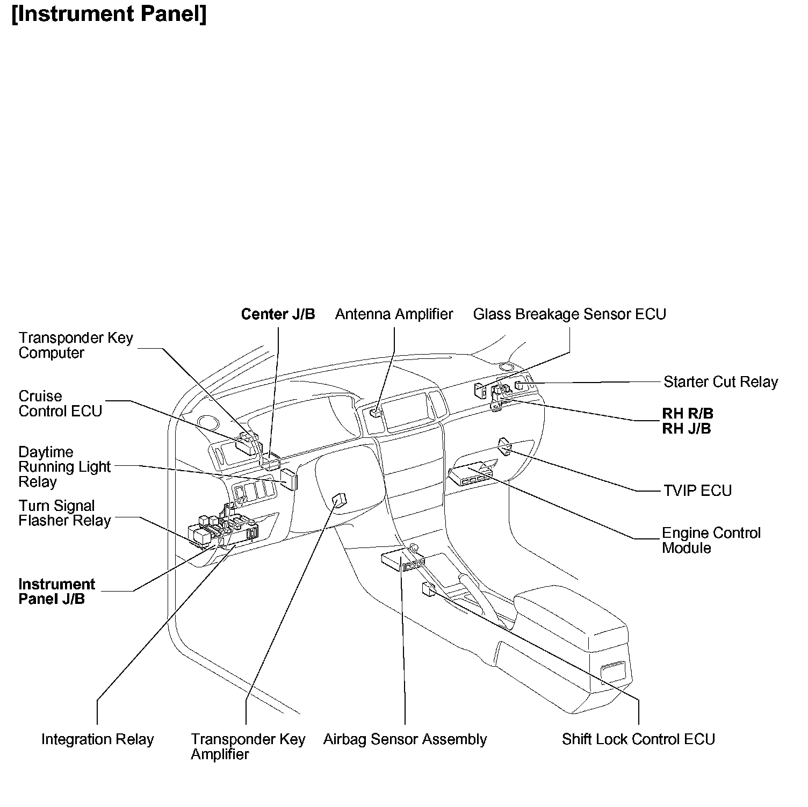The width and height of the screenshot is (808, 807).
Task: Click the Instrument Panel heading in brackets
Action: (x=109, y=15)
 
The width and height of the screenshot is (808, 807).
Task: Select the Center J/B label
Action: (x=278, y=314)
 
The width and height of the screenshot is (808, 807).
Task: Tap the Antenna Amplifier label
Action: (x=394, y=314)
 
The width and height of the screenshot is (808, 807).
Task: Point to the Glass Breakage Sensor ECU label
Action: (x=569, y=314)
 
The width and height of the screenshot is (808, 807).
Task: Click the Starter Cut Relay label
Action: (x=720, y=382)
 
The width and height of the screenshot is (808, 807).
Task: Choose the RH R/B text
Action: (x=687, y=414)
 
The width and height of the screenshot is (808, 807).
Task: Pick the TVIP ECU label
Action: (x=697, y=491)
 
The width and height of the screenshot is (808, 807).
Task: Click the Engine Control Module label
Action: (x=711, y=541)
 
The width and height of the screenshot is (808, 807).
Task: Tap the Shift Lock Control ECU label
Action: (x=638, y=739)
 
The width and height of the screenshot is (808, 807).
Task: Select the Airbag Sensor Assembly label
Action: (x=405, y=739)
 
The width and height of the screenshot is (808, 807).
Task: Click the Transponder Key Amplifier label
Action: (x=248, y=746)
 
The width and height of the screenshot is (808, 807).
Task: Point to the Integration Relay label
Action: (x=97, y=739)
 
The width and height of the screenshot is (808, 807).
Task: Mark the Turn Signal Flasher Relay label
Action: (x=64, y=513)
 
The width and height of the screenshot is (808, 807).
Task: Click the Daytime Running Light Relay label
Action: (x=64, y=467)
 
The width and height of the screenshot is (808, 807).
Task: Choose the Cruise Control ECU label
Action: (x=60, y=403)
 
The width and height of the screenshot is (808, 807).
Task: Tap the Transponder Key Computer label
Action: (x=75, y=345)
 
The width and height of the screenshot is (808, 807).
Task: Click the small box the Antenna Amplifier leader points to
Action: (x=376, y=413)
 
